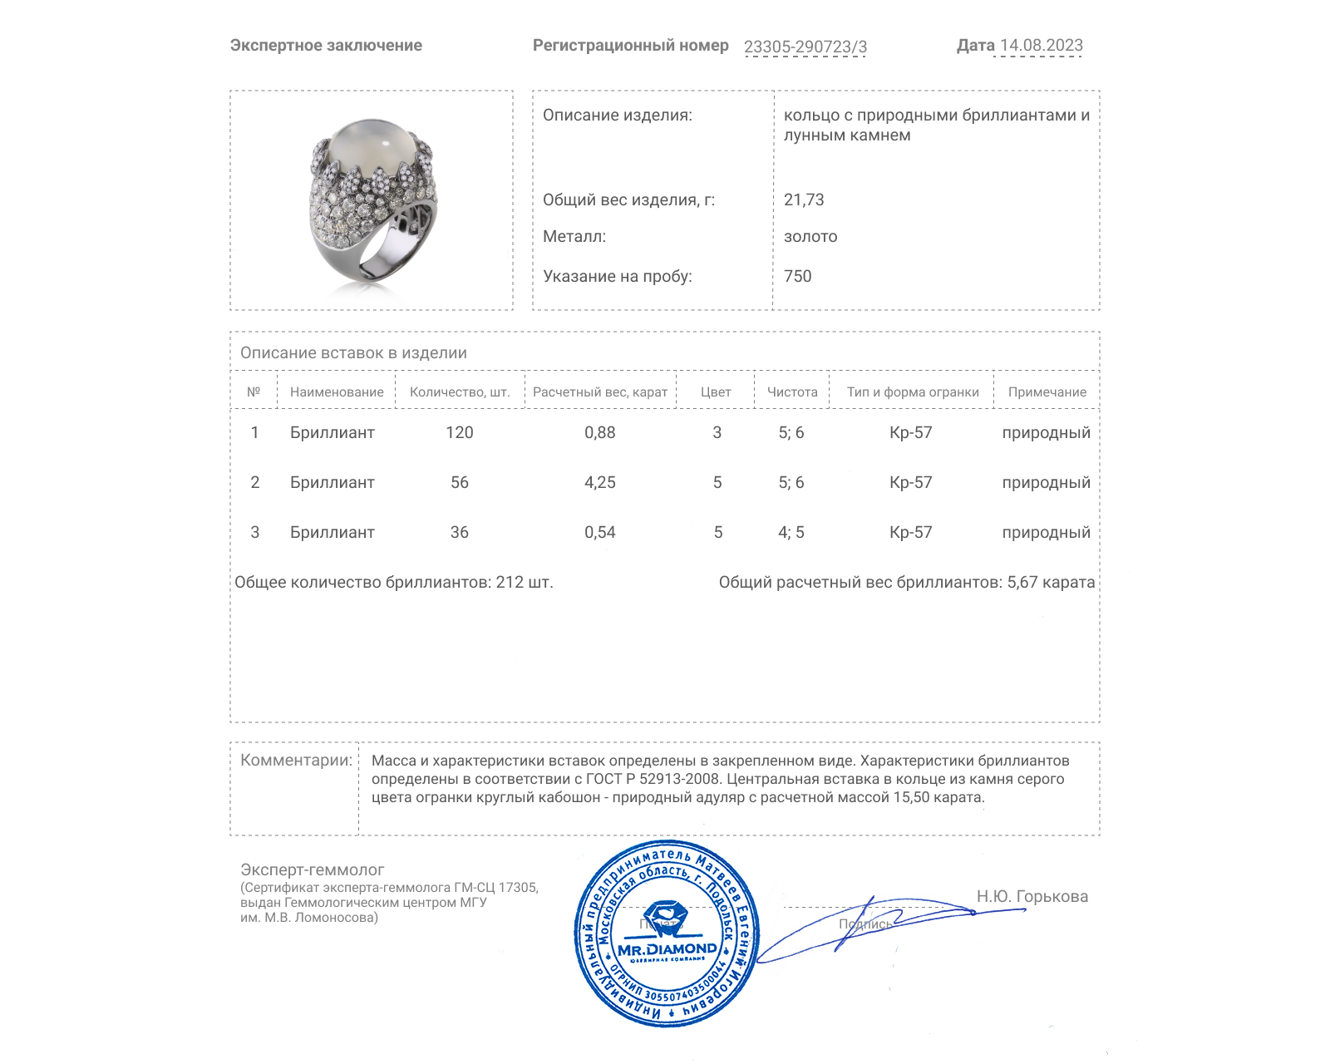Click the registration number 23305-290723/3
[805, 47]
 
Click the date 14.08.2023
[1041, 45]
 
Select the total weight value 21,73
[804, 199]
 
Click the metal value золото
[810, 236]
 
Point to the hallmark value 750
[797, 276]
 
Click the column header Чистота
[791, 392]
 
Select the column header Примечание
[1047, 392]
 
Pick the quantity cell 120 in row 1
[459, 432]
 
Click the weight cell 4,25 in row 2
[599, 482]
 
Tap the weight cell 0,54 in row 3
[599, 532]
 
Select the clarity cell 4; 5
[791, 532]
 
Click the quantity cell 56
[459, 482]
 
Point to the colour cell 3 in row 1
[717, 432]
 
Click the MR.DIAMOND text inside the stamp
[667, 948]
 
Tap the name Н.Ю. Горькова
[1032, 896]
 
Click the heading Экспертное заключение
[326, 45]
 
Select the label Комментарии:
[296, 760]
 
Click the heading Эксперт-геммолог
[312, 869]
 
